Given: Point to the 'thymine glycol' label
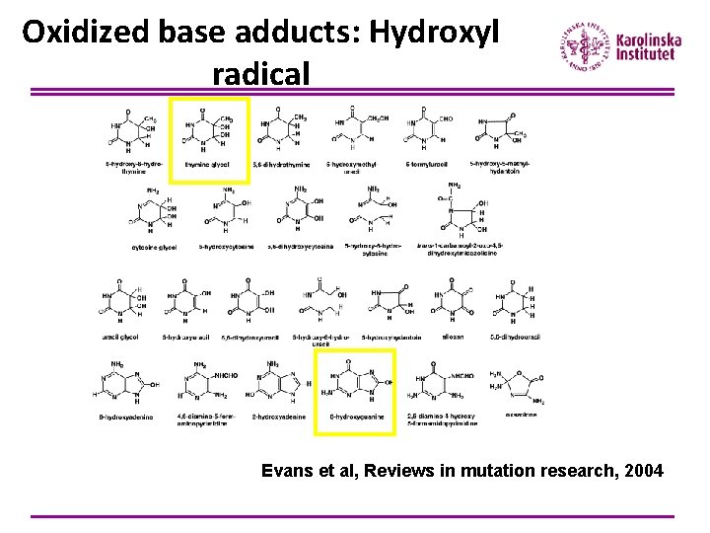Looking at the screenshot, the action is pos(206,164).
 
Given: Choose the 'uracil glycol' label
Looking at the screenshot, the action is pos(120,337).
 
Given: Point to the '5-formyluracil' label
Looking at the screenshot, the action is pos(425,164).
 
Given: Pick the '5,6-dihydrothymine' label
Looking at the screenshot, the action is pos(281,164).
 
